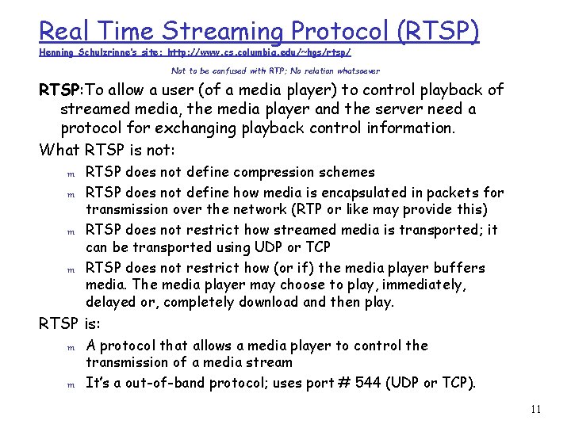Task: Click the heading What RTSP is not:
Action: tap(108, 148)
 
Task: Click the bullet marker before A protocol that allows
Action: tap(70, 347)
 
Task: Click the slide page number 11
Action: tap(535, 410)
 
